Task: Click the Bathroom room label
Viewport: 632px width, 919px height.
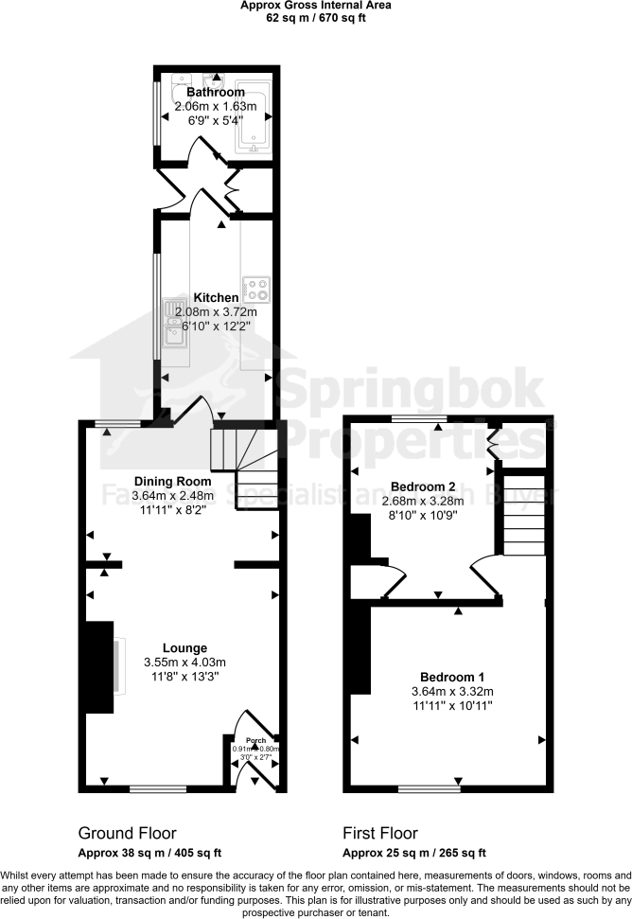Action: [x=215, y=93]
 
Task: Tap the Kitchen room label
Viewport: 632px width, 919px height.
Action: [x=217, y=298]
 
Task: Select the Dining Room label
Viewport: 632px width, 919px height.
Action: [x=172, y=481]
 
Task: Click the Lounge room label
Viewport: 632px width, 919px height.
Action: [x=184, y=647]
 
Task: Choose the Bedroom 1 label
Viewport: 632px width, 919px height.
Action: [x=451, y=678]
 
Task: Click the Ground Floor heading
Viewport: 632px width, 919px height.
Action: [x=127, y=834]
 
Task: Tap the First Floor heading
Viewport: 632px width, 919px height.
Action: [x=379, y=834]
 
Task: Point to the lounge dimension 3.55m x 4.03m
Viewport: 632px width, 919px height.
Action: [x=184, y=662]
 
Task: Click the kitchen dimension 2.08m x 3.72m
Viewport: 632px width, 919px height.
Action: [x=217, y=312]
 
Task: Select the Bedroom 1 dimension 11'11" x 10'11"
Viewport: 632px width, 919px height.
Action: [x=451, y=705]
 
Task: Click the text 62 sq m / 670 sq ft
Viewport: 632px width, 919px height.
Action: [x=316, y=17]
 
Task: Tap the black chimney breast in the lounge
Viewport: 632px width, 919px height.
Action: [x=98, y=666]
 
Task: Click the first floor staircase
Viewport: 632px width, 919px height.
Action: [x=523, y=516]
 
